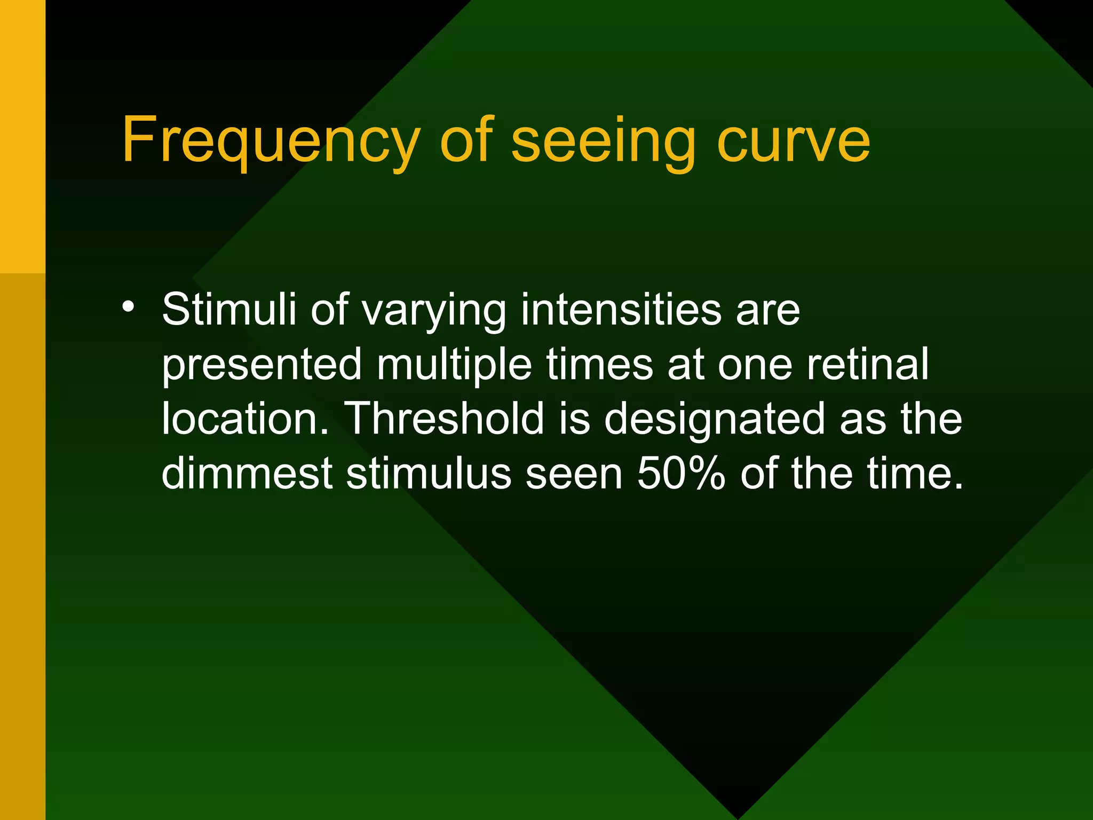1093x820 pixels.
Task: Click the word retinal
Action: (x=868, y=364)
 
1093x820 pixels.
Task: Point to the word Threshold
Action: (x=446, y=419)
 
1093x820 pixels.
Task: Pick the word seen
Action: (x=574, y=474)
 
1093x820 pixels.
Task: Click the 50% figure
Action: (x=681, y=473)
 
